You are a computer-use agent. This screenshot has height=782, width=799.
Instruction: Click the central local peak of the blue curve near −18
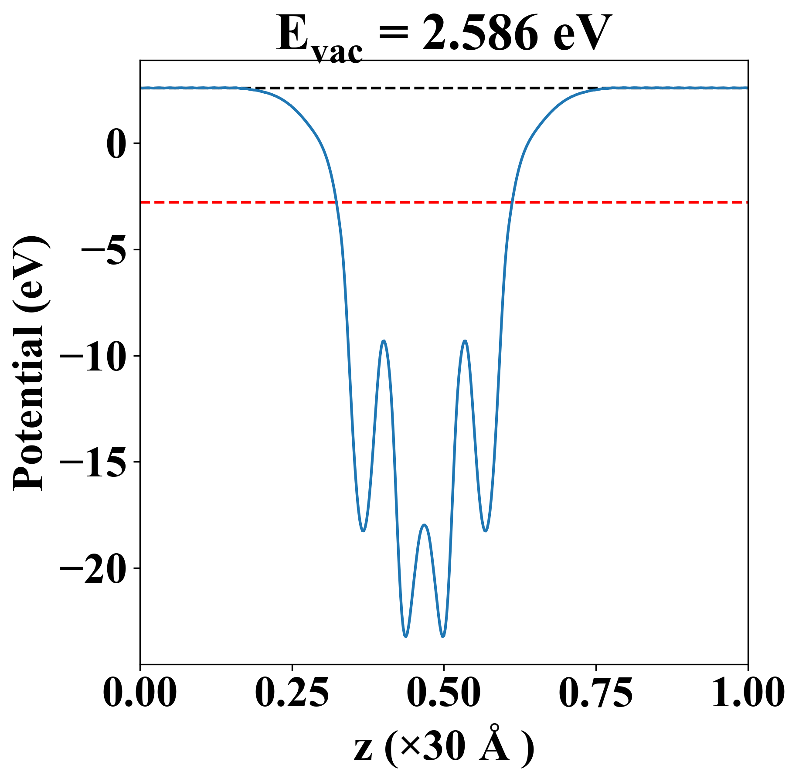[x=425, y=525]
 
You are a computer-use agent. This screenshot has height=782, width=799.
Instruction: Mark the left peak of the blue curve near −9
[x=384, y=341]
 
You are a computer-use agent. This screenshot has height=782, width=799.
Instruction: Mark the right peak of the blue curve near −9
[x=465, y=341]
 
